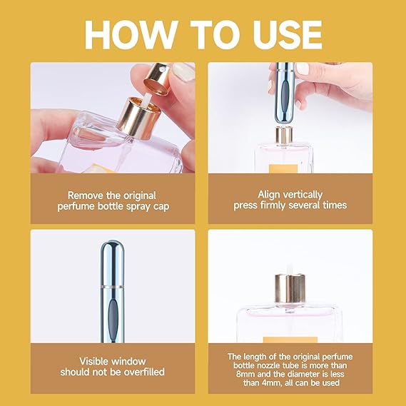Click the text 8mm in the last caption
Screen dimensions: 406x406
pyautogui.click(x=239, y=372)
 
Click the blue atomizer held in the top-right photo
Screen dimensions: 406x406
pyautogui.click(x=285, y=93)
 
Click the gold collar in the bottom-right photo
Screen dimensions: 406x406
pyautogui.click(x=289, y=288)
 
